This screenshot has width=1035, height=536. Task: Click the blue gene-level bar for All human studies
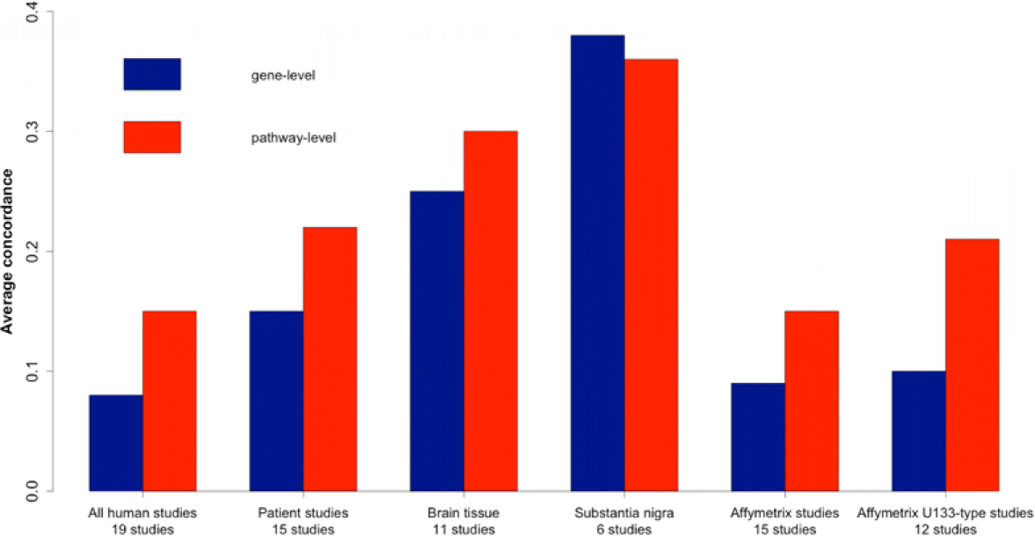[116, 443]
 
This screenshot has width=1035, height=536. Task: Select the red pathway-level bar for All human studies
[170, 400]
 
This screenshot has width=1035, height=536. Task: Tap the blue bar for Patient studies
[276, 400]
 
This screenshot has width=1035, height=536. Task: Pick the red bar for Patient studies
[330, 359]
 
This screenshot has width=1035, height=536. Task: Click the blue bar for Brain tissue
[437, 341]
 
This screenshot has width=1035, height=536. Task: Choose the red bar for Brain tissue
[491, 311]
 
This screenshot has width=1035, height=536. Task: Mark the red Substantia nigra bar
[651, 275]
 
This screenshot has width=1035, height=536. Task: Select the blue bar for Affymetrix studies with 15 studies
[758, 437]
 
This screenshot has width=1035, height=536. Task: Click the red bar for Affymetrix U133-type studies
[972, 364]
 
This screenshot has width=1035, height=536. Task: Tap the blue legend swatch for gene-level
[152, 75]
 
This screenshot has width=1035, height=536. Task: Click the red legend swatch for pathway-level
[152, 137]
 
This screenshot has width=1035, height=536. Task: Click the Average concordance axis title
[9, 252]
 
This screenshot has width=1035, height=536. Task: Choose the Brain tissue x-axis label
[463, 512]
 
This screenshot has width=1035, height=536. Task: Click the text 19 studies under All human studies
[142, 529]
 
